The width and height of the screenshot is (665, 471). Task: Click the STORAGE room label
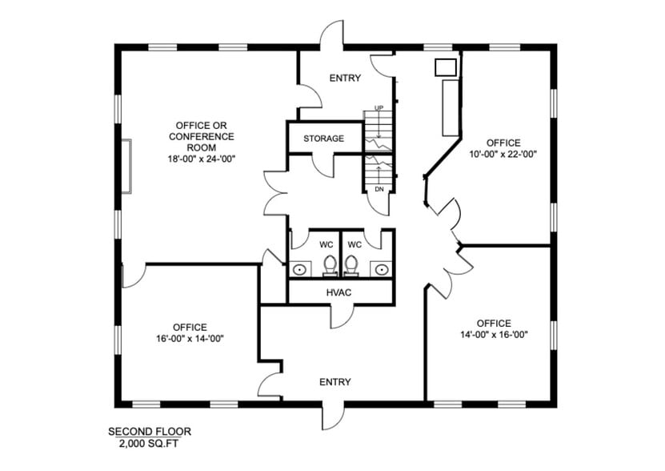coord(323,139)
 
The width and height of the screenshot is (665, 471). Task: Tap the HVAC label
coord(339,292)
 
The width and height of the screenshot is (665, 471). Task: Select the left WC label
coord(326,244)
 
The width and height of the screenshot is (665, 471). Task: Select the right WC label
coord(355,244)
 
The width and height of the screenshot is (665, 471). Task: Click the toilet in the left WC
coord(329,264)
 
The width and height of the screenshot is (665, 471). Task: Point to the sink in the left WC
coord(299,269)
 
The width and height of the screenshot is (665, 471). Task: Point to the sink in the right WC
coord(382,269)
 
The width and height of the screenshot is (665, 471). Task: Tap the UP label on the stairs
coord(379,108)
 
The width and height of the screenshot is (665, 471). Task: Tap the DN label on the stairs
coord(379,189)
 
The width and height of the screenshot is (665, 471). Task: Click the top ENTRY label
coord(345,78)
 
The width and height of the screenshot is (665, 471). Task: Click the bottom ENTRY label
coord(335,382)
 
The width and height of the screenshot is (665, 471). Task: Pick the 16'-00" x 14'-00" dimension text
coord(190,338)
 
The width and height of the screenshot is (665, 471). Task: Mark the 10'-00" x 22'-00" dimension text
coord(503,155)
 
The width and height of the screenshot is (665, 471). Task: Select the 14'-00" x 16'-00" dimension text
coord(493,335)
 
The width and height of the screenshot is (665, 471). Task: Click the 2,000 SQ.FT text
coord(150,443)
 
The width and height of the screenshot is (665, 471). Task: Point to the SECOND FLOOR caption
coord(150,432)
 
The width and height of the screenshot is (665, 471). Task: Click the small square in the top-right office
coord(445,67)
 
